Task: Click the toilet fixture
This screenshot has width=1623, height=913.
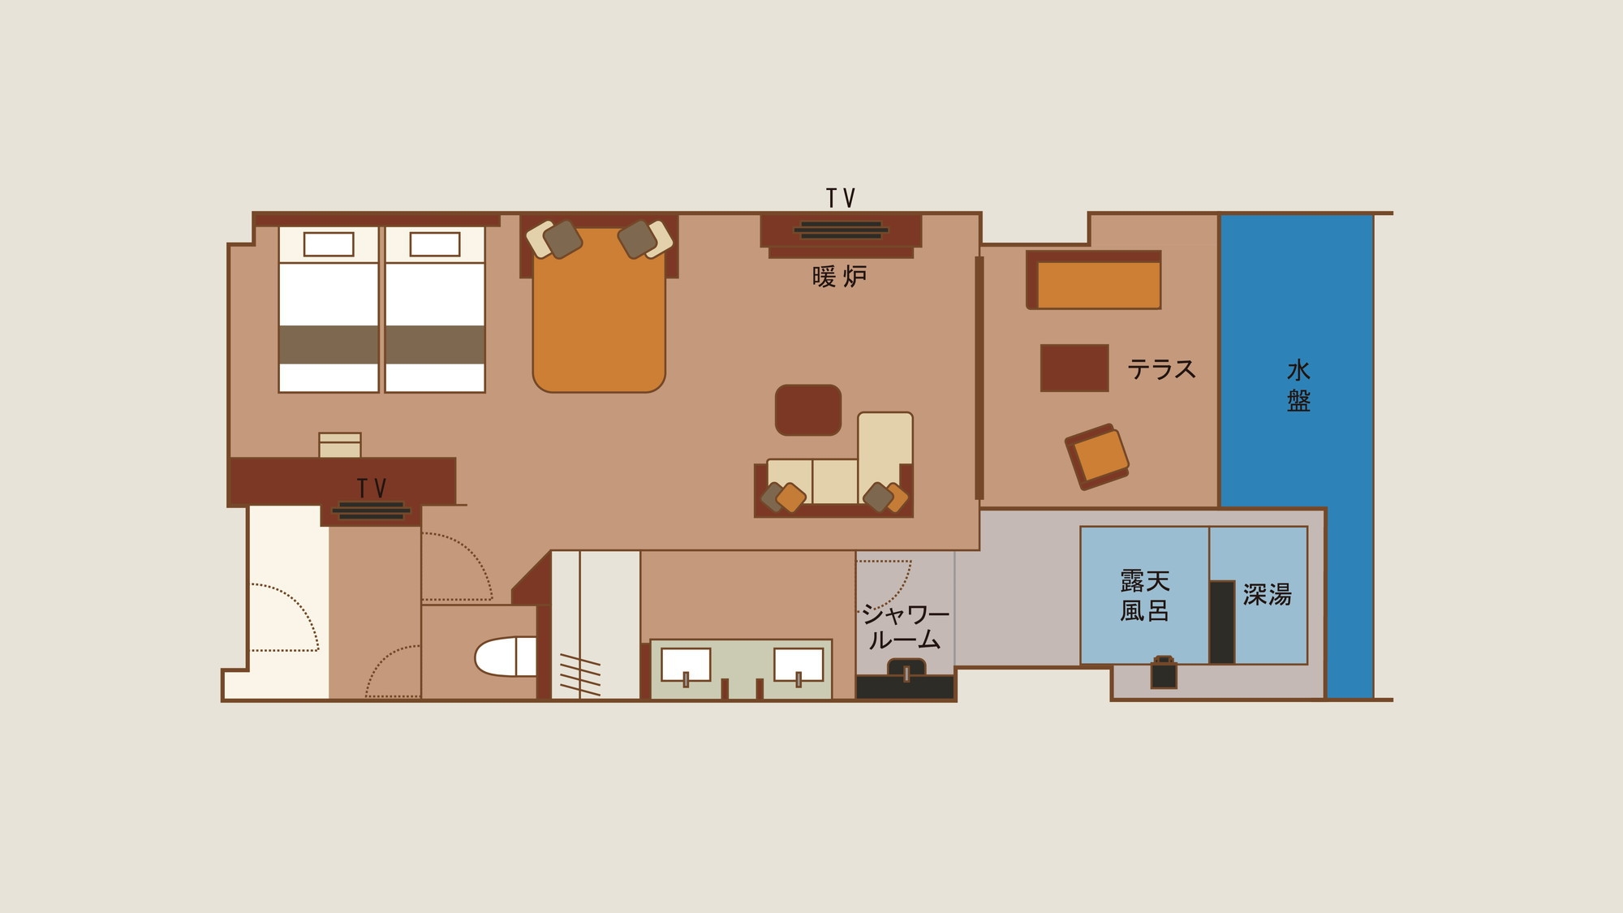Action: point(505,657)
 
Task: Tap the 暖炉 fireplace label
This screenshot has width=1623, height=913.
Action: point(839,277)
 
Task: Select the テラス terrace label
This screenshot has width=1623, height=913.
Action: point(1161,369)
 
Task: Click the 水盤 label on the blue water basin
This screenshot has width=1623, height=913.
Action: point(1298,385)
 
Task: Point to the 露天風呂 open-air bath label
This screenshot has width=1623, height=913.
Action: point(1144,595)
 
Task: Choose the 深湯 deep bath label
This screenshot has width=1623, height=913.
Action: point(1267,594)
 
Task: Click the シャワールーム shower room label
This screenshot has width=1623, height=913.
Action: point(905,627)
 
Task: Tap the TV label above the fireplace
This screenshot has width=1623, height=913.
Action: point(841,198)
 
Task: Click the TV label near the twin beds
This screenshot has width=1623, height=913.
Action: point(372,488)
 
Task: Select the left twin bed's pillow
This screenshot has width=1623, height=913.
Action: point(329,244)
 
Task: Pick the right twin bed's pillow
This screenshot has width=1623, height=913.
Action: point(435,244)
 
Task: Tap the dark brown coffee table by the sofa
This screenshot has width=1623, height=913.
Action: point(807,410)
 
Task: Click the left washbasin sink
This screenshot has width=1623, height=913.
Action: point(686,665)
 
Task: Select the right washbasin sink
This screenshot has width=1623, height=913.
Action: point(799,665)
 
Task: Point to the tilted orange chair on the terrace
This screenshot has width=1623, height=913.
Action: point(1097,456)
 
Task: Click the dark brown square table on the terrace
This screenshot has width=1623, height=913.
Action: point(1074,368)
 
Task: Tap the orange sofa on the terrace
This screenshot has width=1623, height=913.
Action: point(1094,280)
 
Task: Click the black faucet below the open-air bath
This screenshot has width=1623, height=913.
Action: point(1164,672)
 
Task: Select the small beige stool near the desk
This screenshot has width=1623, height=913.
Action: point(340,445)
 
